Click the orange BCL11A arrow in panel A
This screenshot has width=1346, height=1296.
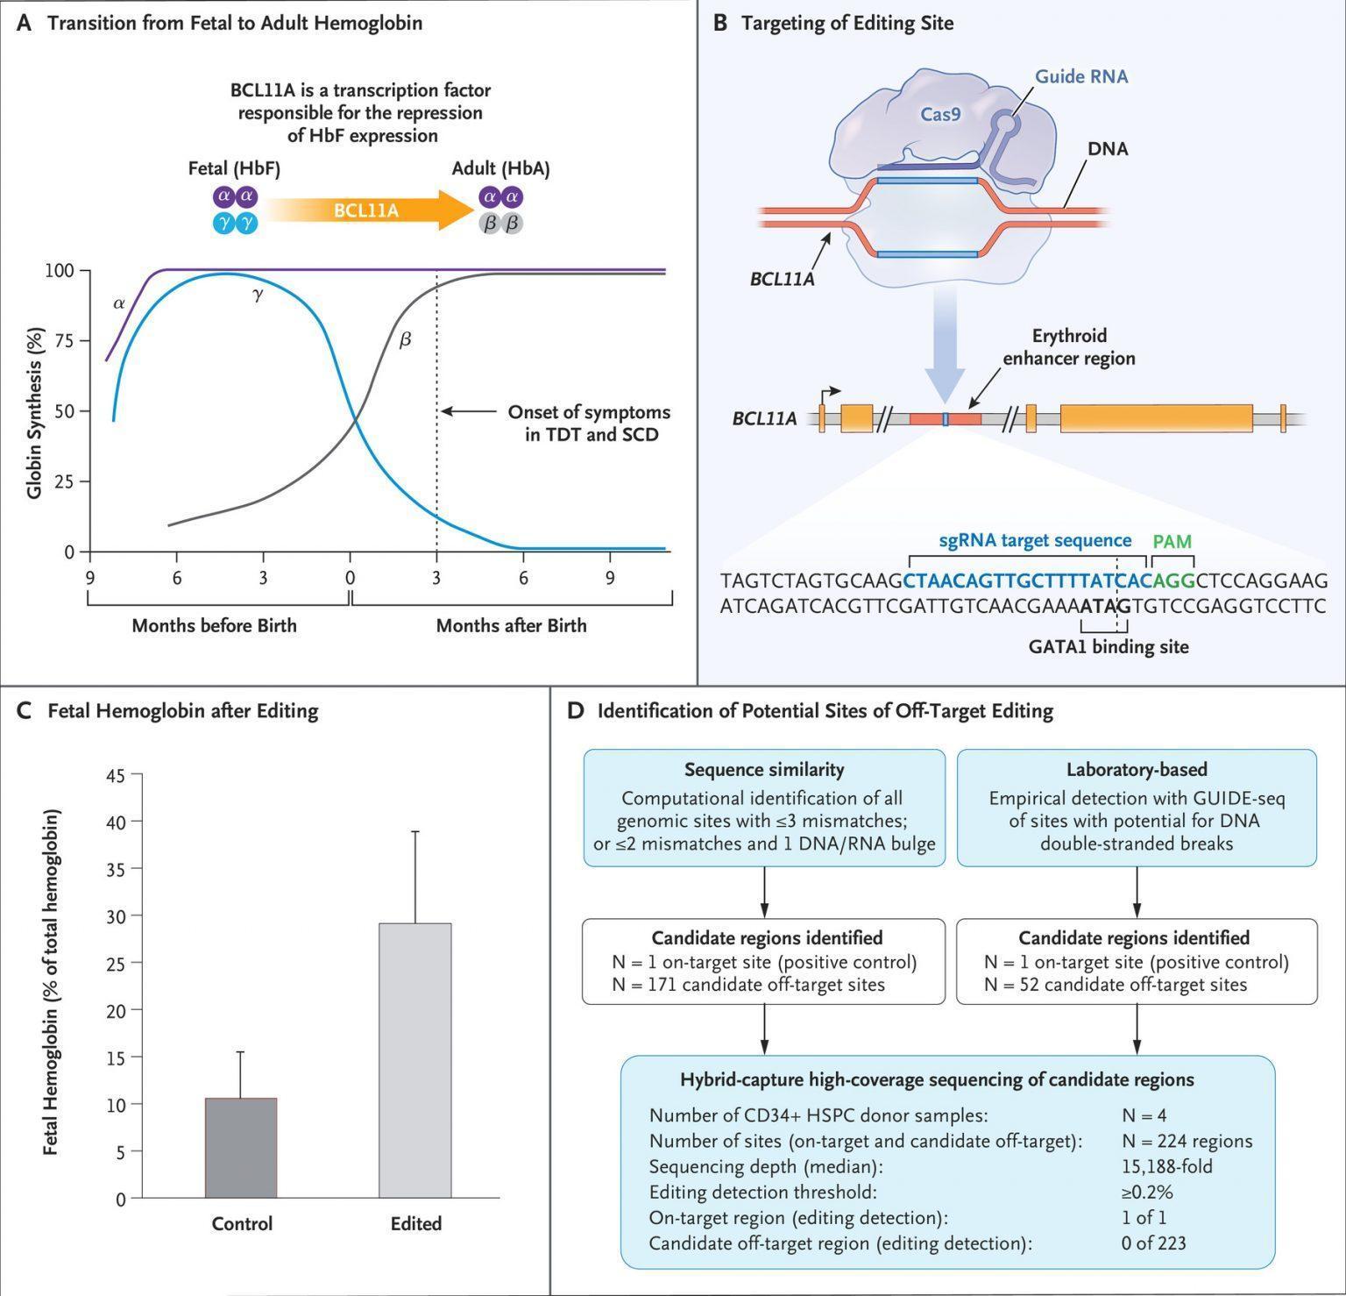coord(368,210)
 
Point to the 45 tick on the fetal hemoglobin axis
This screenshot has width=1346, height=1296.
coord(116,775)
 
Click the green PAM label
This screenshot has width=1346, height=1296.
coord(1172,541)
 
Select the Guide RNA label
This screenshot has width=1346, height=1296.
coord(1081,76)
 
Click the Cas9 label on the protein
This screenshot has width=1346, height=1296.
coord(939,113)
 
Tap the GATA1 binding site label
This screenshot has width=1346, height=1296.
coord(1109,647)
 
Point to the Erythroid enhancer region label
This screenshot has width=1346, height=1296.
coord(1069,347)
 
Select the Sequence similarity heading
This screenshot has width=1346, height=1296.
coord(764,770)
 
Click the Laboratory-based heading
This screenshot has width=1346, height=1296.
coord(1137,770)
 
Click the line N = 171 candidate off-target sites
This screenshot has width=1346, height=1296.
coord(748,985)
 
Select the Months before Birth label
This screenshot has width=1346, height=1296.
coord(214,625)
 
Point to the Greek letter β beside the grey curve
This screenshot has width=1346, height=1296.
coord(405,339)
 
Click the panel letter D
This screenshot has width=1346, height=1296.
coord(576,710)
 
